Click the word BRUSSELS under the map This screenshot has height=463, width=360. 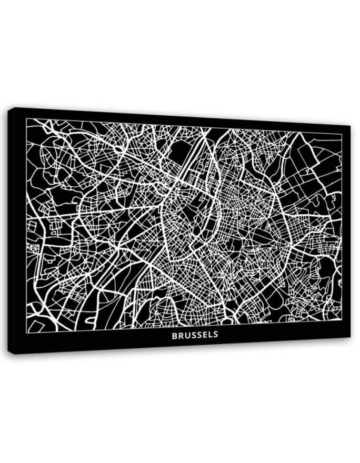(x=195, y=335)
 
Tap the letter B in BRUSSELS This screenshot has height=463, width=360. (x=174, y=335)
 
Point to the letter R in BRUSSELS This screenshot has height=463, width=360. (x=180, y=335)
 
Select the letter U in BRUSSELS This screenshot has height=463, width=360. (x=186, y=335)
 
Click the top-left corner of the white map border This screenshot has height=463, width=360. (x=27, y=119)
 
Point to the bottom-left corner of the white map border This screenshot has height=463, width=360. (x=27, y=333)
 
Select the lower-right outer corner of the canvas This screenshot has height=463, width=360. (x=351, y=337)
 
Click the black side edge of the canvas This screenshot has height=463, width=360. (x=11, y=231)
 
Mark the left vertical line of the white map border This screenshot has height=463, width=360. (x=27, y=226)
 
